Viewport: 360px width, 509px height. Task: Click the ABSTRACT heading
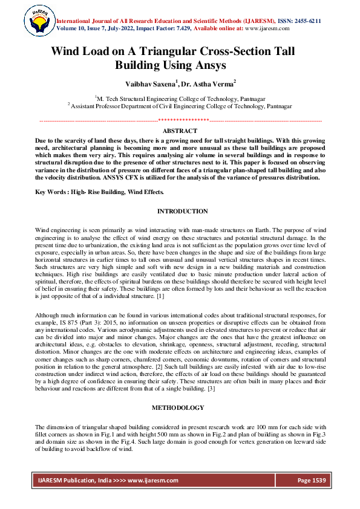(x=180, y=131)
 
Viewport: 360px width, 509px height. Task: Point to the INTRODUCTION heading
(x=182, y=211)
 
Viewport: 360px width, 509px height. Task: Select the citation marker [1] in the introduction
(x=160, y=297)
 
